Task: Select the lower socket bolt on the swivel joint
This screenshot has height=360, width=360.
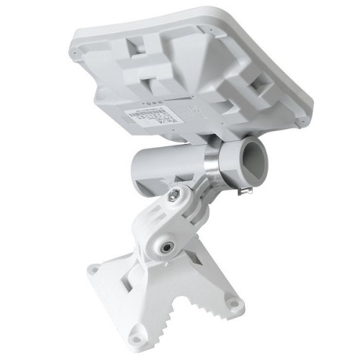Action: pos(168,246)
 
